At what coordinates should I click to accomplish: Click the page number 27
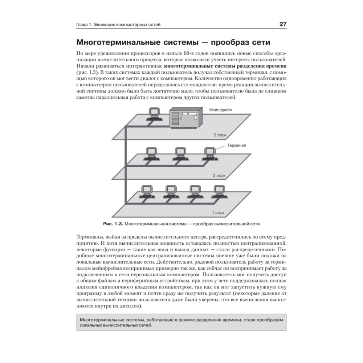(283, 24)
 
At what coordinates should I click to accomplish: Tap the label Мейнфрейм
(221, 109)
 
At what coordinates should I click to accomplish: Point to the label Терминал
(237, 145)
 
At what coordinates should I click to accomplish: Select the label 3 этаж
(220, 135)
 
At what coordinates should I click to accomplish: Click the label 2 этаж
(219, 176)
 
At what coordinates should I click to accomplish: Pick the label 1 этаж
(218, 213)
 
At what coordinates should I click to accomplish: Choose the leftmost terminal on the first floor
(146, 191)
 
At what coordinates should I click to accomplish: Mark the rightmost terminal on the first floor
(218, 191)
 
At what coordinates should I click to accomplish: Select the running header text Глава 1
(84, 25)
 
